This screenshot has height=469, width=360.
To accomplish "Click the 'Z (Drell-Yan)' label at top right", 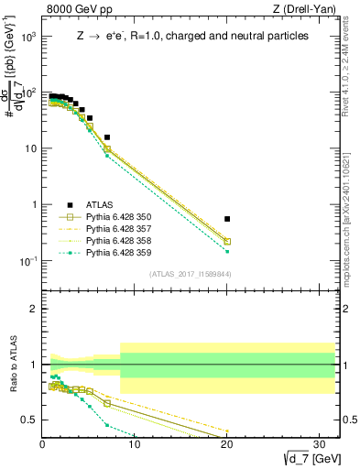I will coord(307,10).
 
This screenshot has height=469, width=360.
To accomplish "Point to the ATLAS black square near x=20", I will coord(227,219).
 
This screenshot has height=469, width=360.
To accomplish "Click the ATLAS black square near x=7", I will coord(107,137).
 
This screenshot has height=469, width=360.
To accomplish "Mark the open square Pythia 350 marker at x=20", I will coord(227,242).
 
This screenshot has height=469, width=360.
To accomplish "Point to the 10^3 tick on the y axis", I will coord(29,37).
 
